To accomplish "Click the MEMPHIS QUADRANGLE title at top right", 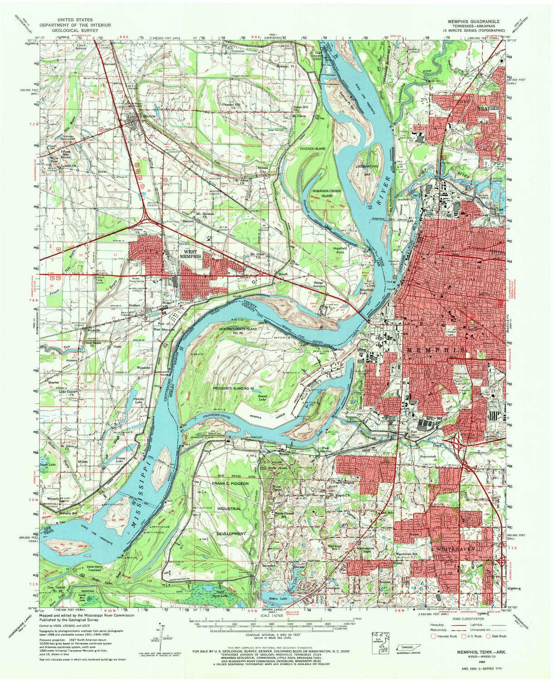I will (475, 21).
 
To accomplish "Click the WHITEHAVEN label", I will (455, 549).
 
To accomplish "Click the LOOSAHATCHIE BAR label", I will (367, 168).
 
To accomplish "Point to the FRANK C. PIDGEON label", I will (230, 484).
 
